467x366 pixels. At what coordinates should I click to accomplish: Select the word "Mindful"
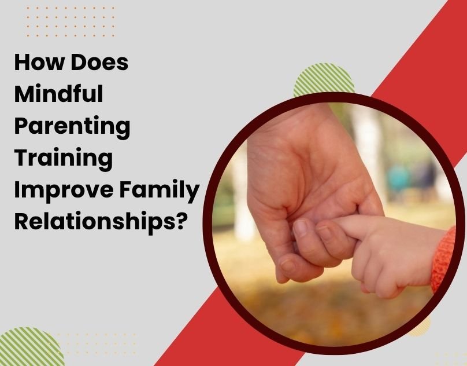click(58, 94)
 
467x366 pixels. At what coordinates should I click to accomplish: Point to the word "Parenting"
click(72, 127)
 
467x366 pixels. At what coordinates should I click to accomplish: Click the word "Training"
click(64, 159)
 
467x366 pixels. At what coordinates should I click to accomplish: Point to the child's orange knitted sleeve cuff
click(445, 258)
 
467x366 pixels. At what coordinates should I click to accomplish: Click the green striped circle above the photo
click(324, 81)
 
